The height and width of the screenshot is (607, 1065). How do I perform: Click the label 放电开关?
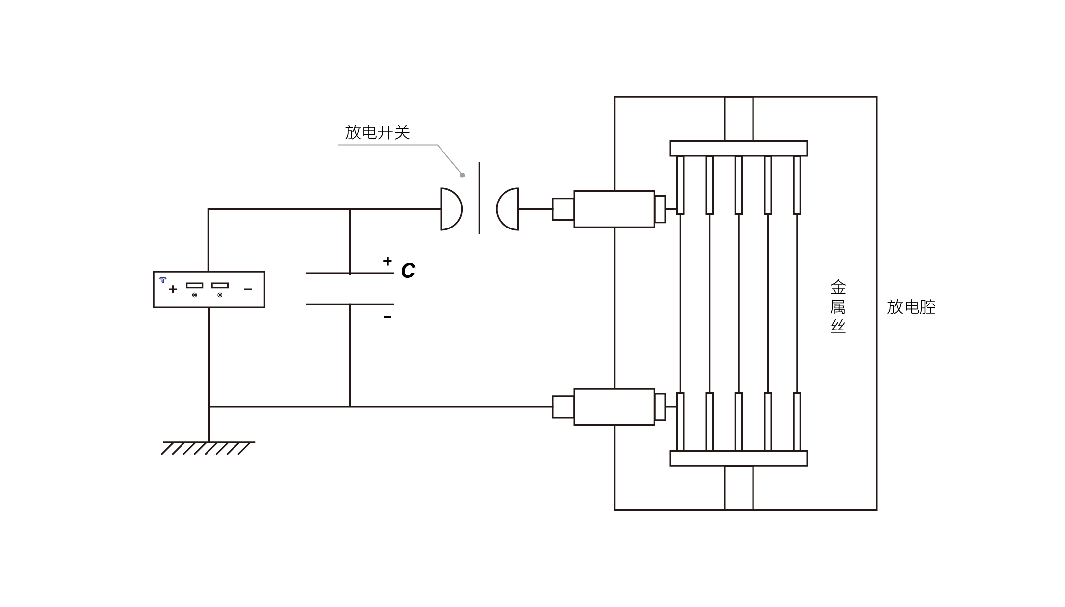[377, 132]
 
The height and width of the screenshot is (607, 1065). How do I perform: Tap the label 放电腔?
[911, 307]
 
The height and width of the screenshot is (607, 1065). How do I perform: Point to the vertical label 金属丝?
[838, 306]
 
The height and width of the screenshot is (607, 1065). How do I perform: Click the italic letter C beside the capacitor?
[408, 270]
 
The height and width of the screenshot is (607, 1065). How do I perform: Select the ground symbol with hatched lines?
[208, 448]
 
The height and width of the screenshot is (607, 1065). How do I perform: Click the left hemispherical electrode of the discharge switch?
[450, 209]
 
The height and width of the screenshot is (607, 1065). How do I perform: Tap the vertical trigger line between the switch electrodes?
[479, 198]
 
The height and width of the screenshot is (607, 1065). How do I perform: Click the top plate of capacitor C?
[349, 273]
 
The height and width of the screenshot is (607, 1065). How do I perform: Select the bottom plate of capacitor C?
[349, 304]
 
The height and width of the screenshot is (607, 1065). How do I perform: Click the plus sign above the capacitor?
[388, 261]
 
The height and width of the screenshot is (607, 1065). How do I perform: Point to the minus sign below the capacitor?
[388, 317]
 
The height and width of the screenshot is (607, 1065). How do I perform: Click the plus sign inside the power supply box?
[173, 289]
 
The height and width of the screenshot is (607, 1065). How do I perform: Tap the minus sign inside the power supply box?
[248, 289]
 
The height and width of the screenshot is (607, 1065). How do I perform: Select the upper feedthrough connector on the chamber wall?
[614, 209]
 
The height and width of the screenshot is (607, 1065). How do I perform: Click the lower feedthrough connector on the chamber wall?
[614, 407]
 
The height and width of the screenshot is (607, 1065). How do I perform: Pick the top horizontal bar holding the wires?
[738, 148]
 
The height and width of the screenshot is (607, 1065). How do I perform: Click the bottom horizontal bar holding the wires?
[738, 458]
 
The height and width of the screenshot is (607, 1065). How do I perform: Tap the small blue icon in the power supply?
[163, 280]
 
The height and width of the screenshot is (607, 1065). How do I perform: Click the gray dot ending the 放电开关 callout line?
[462, 175]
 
